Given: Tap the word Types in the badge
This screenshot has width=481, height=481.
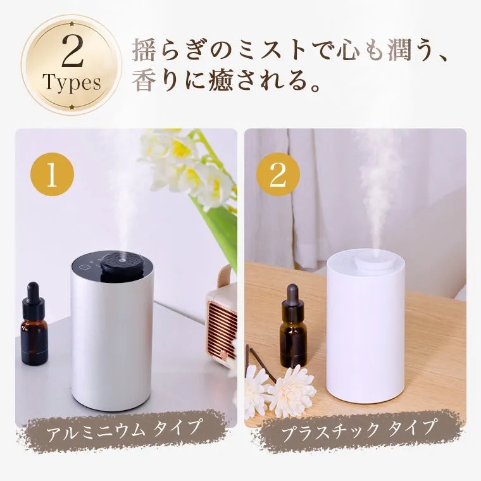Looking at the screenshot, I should click(72, 83).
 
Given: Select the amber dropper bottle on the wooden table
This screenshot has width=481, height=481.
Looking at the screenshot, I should click(292, 329).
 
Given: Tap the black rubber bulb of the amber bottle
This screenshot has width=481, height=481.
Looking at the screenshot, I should click(292, 295).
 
